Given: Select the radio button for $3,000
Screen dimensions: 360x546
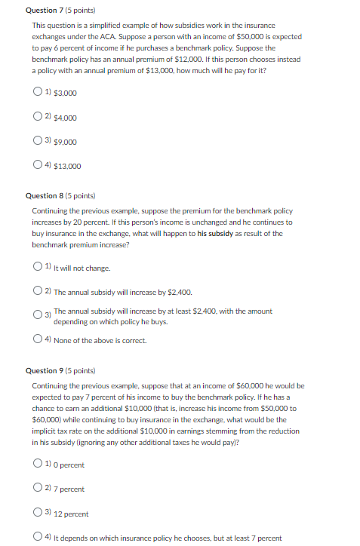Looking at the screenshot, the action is click(x=38, y=93).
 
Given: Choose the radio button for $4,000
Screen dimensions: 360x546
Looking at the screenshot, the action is click(x=38, y=117).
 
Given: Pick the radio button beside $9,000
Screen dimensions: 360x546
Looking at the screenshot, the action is click(x=38, y=141).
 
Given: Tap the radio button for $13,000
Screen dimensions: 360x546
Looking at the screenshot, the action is click(x=38, y=166).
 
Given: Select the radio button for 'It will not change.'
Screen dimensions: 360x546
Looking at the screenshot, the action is click(x=38, y=267).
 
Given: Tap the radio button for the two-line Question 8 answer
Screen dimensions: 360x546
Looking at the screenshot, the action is click(x=38, y=315).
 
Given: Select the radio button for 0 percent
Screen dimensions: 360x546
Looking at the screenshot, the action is click(x=38, y=465).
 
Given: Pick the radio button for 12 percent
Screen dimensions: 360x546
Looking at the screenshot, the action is click(x=38, y=514).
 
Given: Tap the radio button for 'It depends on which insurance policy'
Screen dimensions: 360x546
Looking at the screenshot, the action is click(x=38, y=538).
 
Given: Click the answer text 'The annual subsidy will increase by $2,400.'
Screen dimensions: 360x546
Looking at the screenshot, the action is click(x=123, y=292).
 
